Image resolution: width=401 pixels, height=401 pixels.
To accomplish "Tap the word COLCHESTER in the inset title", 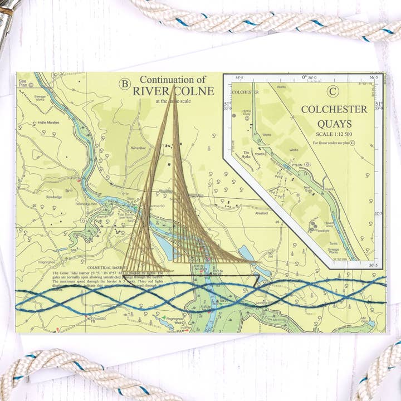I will tap(334, 109).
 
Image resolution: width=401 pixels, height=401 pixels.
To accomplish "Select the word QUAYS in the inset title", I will tap(334, 124).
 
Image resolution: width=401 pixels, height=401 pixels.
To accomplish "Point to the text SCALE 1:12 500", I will tap(334, 134).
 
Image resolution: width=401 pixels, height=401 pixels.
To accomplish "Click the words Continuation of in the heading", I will tap(173, 80).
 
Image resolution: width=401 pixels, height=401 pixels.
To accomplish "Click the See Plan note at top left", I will tap(23, 83).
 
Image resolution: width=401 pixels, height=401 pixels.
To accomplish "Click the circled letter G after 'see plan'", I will tap(360, 143).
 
